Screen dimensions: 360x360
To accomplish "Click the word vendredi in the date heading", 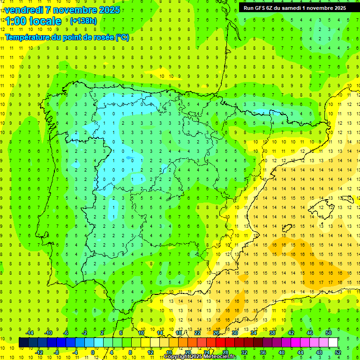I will pyautogui.click(x=24, y=10).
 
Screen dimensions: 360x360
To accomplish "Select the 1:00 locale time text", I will pyautogui.click(x=33, y=21).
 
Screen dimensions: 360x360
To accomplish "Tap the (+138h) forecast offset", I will pyautogui.click(x=83, y=21).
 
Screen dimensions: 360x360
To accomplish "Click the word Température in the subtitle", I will pyautogui.click(x=29, y=37).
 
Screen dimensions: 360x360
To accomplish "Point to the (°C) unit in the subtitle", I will pyautogui.click(x=122, y=37).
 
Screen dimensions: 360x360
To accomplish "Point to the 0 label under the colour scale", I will pyautogui.click(x=93, y=352).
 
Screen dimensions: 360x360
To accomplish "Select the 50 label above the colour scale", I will pyautogui.click(x=328, y=332).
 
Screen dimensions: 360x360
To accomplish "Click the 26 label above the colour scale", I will pyautogui.click(x=216, y=332).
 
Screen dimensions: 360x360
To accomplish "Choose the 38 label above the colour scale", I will pyautogui.click(x=272, y=332).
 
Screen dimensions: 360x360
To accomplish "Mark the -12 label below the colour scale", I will pyautogui.click(x=39, y=352).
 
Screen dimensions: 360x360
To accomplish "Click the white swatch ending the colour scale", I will pyautogui.click(x=333, y=342).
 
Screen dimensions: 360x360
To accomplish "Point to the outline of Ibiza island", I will pyautogui.click(x=287, y=228).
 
